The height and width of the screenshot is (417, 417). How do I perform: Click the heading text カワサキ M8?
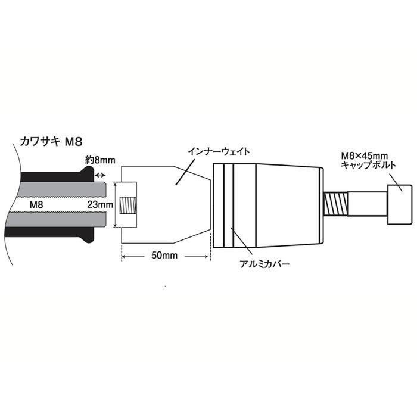click(x=51, y=142)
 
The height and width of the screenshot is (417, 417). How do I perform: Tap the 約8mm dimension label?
click(x=100, y=160)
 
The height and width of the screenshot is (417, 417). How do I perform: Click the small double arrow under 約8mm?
click(x=100, y=175)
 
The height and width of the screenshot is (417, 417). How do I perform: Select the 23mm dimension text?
click(x=100, y=204)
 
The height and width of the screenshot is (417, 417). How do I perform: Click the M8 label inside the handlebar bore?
click(x=36, y=204)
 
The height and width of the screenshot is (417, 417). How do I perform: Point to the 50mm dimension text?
click(x=164, y=256)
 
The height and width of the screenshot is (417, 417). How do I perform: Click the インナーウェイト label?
click(x=219, y=151)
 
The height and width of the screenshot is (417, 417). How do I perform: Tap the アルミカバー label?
click(x=264, y=264)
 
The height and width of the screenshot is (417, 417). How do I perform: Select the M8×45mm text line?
click(x=364, y=155)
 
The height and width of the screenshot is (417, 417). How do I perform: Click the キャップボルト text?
click(x=368, y=165)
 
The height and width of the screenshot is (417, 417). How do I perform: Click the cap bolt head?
click(x=400, y=205)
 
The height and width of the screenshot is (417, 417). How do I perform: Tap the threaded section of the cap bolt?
click(x=336, y=204)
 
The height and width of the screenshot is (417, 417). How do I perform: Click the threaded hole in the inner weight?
click(x=128, y=205)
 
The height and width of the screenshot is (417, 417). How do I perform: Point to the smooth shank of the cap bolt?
click(x=368, y=204)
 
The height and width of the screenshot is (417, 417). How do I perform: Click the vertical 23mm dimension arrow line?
click(x=115, y=205)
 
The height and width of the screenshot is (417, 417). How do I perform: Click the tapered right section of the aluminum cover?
click(x=288, y=206)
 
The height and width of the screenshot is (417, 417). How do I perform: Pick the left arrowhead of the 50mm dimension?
click(x=124, y=257)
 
